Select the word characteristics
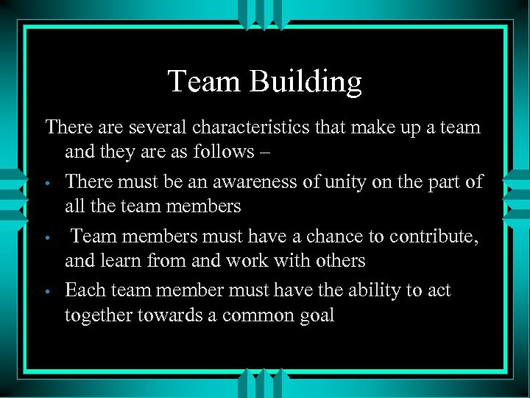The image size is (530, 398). (x=254, y=128)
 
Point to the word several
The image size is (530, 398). (x=158, y=128)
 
